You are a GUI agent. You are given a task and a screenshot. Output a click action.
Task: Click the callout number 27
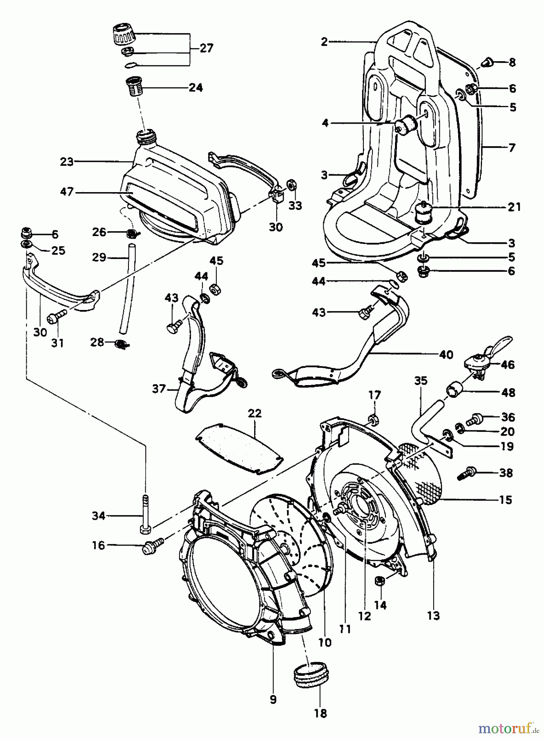coord(207,48)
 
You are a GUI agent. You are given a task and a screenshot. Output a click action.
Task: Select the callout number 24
coord(195,87)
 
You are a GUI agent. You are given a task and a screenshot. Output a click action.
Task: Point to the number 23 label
coord(67,161)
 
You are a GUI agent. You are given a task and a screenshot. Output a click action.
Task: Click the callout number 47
coord(67,191)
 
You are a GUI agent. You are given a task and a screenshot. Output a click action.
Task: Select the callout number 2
coord(324,41)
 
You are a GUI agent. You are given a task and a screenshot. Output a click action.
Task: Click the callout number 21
coord(514,207)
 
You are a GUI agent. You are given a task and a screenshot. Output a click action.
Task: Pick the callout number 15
coord(506,500)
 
